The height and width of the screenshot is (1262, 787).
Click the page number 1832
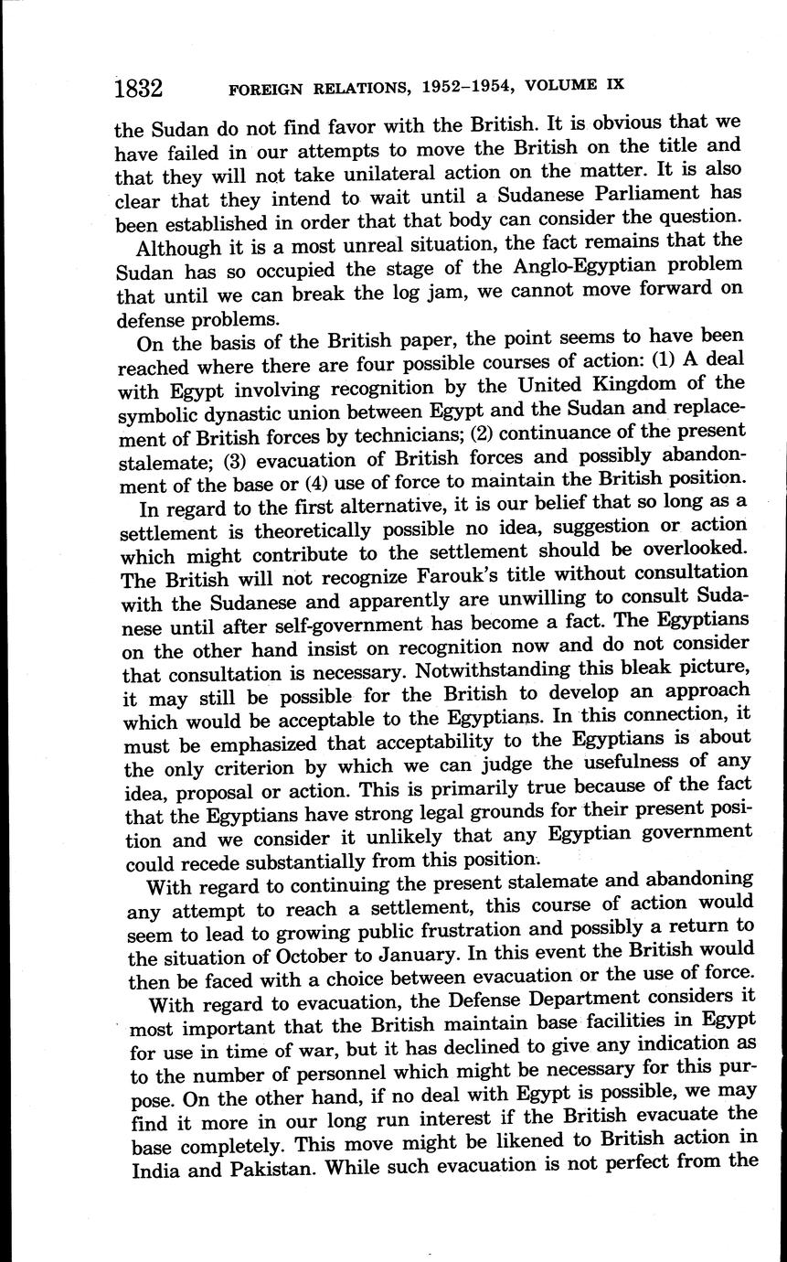138,89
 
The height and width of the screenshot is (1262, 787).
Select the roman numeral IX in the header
614,84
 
